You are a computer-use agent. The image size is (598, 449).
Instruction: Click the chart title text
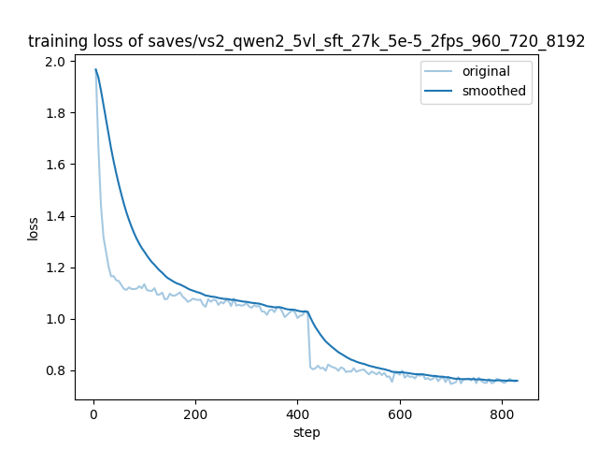(306, 41)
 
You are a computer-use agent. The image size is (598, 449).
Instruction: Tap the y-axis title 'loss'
(33, 228)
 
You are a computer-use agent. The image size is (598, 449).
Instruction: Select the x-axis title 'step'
(306, 432)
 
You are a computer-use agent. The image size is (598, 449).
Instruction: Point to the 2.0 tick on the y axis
(57, 62)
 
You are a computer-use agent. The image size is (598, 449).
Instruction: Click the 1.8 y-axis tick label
(57, 113)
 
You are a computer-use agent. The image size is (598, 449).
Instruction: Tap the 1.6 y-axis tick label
(57, 165)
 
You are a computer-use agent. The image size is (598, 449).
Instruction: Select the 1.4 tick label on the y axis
(57, 216)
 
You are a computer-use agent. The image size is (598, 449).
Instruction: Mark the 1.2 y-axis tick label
(57, 268)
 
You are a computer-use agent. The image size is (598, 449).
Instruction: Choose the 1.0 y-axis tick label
(57, 319)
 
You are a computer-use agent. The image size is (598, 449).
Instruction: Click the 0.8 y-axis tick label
(57, 370)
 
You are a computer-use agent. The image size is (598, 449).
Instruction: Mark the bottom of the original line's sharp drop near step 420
(311, 368)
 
